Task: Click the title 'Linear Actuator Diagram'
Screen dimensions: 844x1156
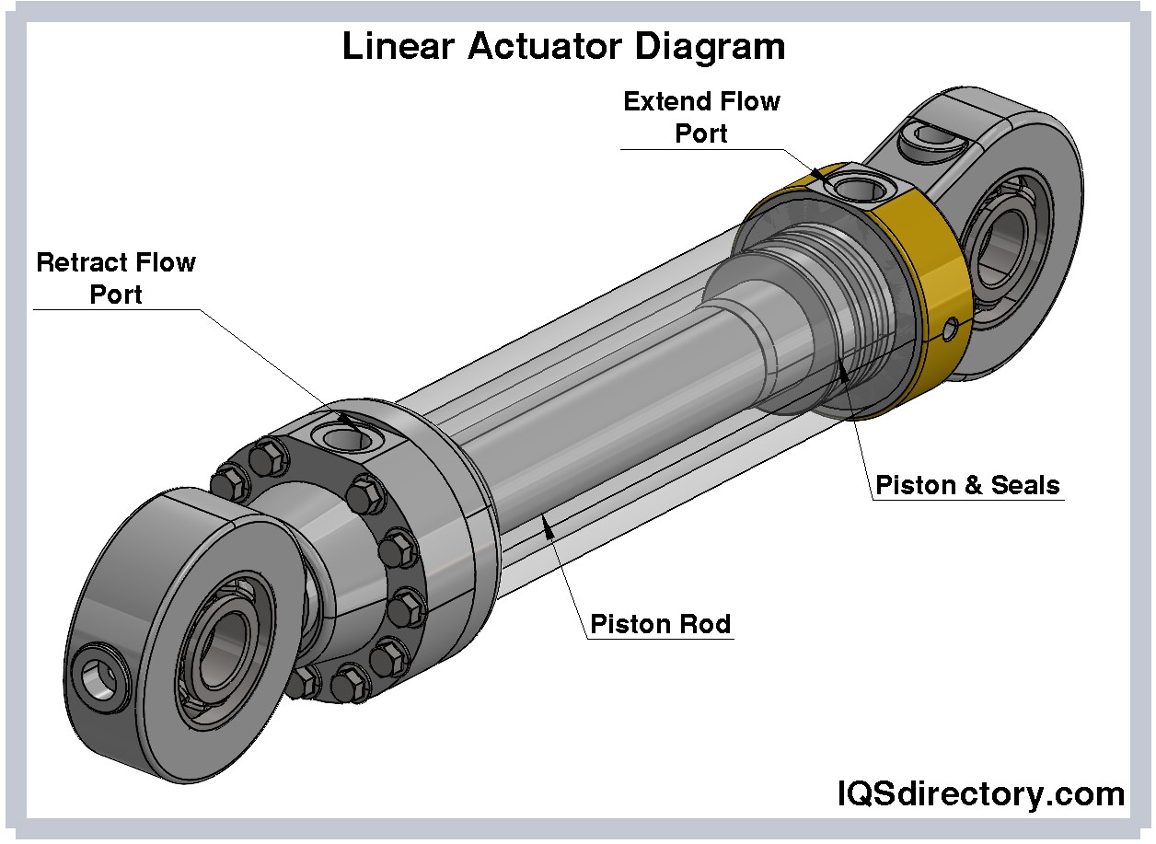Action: click(563, 46)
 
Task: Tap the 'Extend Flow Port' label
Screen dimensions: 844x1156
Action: click(701, 117)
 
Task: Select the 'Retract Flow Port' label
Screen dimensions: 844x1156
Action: click(116, 278)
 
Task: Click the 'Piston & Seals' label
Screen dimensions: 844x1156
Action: click(967, 485)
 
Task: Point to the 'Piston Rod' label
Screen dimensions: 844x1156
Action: click(660, 624)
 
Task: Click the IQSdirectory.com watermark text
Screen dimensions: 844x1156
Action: click(980, 793)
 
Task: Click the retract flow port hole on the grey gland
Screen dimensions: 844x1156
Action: click(342, 434)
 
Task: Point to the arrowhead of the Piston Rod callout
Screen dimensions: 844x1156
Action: click(547, 526)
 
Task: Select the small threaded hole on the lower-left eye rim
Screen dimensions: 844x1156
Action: click(98, 676)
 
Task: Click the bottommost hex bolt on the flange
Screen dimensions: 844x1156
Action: click(351, 682)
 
